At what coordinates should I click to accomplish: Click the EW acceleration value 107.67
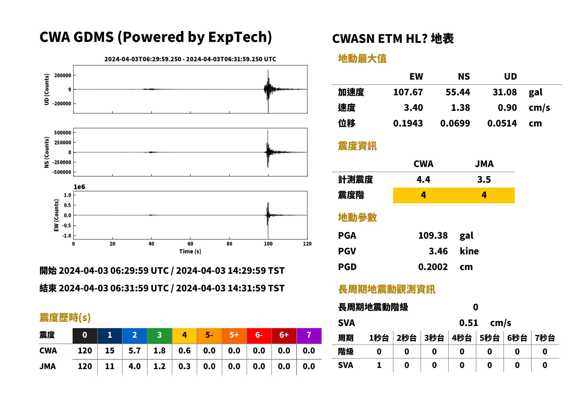[x=408, y=92]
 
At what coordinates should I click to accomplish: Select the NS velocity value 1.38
[x=460, y=107]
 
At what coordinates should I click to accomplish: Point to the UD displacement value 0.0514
[x=502, y=123]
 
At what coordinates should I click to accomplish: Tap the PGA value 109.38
[x=433, y=235]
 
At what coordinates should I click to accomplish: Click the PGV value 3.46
[x=438, y=251]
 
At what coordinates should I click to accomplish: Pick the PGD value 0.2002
[x=433, y=267]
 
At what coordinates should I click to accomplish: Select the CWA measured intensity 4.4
[x=423, y=179]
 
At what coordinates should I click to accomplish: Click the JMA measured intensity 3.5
[x=484, y=179]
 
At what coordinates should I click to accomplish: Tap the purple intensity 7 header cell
[x=309, y=336]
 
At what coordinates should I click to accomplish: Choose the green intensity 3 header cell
[x=159, y=336]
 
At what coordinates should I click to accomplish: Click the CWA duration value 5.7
[x=135, y=351]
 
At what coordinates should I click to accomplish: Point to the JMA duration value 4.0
[x=135, y=366]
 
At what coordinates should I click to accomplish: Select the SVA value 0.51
[x=469, y=323]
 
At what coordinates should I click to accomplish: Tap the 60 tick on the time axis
[x=190, y=244]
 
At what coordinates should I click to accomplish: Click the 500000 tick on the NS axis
[x=63, y=133]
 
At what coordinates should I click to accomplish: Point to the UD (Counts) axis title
[x=47, y=89]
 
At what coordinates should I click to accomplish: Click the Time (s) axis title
[x=190, y=252]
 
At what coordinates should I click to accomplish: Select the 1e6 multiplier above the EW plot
[x=79, y=187]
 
